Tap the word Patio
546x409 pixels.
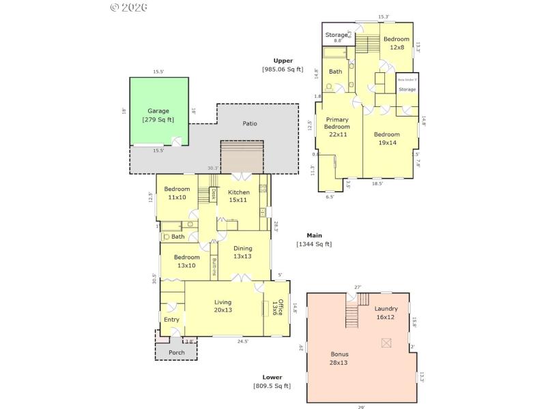(x=250, y=123)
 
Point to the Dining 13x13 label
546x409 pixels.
(x=243, y=252)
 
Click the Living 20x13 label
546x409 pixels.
(x=223, y=306)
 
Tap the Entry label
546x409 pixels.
(x=171, y=319)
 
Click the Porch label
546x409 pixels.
(x=176, y=352)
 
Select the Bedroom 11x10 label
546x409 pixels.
(x=176, y=193)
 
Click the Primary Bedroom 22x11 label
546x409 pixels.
(x=336, y=127)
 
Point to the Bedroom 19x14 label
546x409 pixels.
(x=386, y=138)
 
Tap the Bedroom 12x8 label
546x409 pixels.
(x=396, y=43)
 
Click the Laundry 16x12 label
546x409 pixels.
(x=386, y=313)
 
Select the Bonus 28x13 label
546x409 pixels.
(x=339, y=359)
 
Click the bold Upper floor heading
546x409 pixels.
(x=283, y=61)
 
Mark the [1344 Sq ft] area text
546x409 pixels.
(x=314, y=244)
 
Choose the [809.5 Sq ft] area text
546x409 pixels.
(x=272, y=386)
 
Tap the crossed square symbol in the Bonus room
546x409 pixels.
(x=387, y=342)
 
